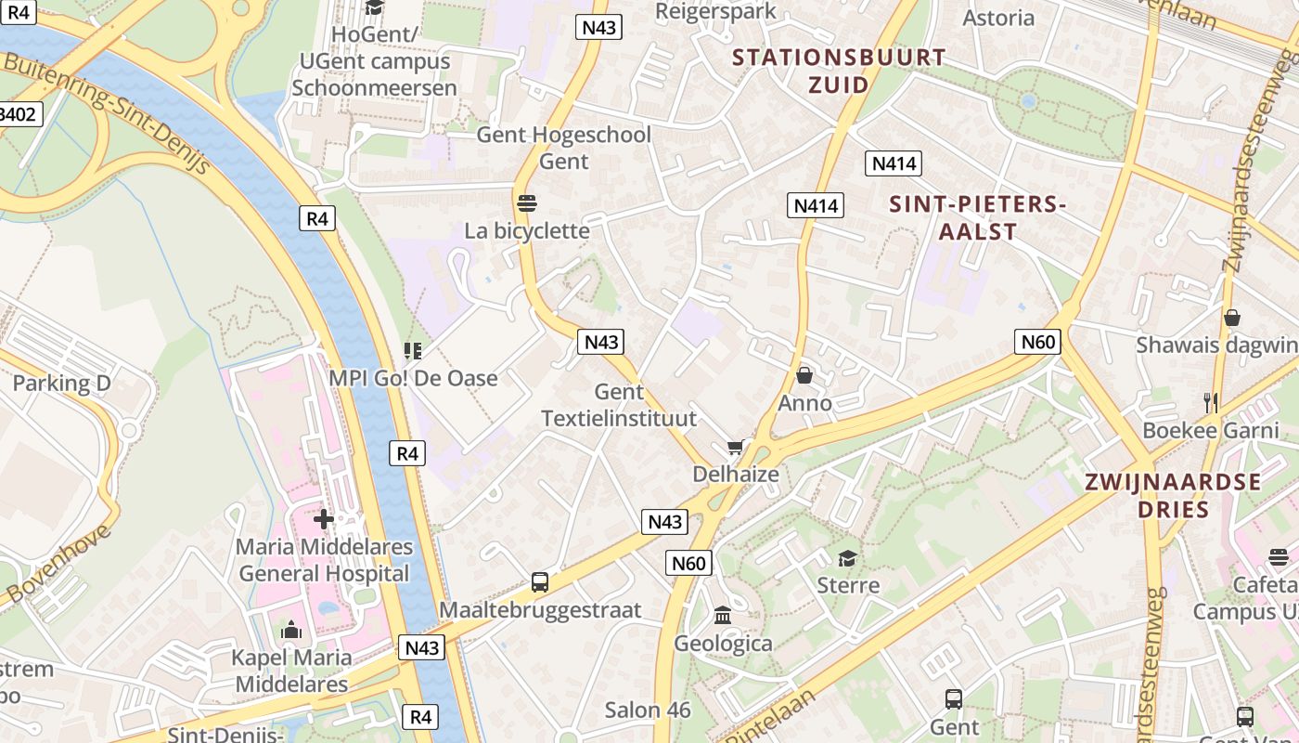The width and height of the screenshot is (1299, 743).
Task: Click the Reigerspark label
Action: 715,10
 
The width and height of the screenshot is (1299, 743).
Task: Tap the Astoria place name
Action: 998,18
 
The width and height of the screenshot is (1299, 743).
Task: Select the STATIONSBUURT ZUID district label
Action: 839,71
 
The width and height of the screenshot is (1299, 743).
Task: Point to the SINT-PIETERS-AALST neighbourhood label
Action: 977,217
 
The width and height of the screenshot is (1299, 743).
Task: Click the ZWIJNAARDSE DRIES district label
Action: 1173,495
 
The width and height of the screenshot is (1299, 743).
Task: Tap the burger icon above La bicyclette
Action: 527,202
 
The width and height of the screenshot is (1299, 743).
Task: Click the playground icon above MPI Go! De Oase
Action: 413,350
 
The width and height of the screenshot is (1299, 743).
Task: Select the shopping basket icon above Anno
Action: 804,375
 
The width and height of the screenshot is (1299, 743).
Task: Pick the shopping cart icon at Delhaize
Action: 736,449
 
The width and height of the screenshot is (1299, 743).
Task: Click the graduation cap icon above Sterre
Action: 847,558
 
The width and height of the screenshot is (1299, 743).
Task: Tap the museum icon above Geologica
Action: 723,615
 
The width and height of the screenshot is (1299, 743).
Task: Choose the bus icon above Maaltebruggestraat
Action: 540,582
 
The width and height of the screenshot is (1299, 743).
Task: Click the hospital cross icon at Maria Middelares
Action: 324,518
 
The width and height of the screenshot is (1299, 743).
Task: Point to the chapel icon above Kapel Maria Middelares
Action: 291,631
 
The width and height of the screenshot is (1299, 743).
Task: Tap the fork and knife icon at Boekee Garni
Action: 1210,402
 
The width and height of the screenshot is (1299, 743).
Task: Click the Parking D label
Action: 61,383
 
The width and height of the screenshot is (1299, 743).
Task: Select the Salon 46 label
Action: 648,710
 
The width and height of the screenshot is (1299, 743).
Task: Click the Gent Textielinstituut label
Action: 618,405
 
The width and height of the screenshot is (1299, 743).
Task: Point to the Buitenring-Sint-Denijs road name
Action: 108,116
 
